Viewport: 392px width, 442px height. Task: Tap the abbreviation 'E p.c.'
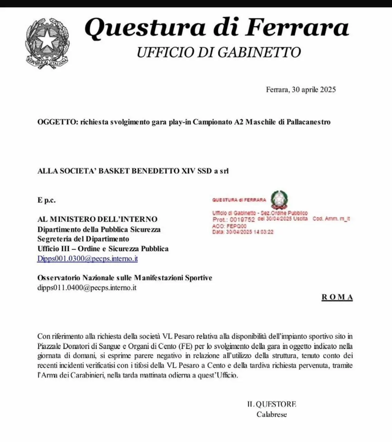click(x=46, y=200)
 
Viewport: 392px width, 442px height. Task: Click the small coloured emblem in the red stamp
click(x=279, y=200)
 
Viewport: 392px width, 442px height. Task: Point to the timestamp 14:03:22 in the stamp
click(x=262, y=232)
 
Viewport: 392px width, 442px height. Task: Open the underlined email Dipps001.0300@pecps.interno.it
click(x=87, y=259)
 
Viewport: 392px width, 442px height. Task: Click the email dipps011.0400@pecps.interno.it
click(x=87, y=287)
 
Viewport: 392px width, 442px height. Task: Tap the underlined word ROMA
click(x=337, y=297)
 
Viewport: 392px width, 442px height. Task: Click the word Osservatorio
click(x=59, y=278)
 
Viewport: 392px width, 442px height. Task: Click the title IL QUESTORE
click(x=272, y=404)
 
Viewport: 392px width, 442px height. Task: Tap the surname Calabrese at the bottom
click(x=272, y=414)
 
